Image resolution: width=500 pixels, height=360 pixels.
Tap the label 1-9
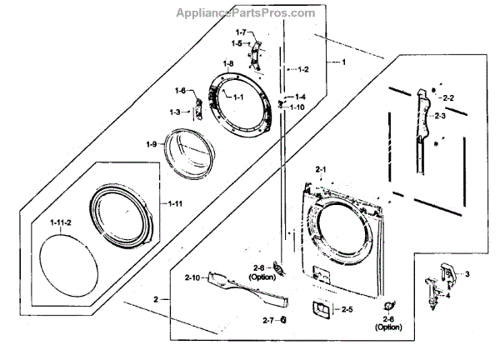152,145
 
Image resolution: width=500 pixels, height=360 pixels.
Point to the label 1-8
228,64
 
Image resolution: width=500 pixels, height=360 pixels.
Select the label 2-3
441,116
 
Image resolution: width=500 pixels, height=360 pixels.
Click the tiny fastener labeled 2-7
284,319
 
